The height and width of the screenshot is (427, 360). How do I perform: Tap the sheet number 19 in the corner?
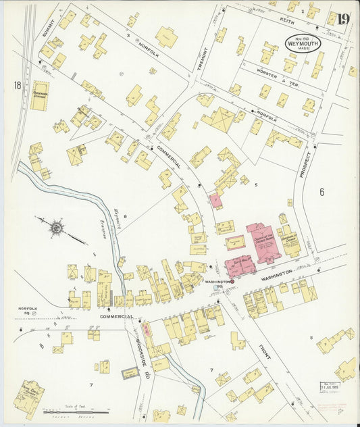[x=343, y=19]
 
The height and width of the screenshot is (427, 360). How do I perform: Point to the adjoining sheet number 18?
[x=16, y=85]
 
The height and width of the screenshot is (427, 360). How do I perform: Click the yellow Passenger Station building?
[x=39, y=96]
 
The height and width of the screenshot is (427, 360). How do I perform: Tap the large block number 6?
[x=322, y=191]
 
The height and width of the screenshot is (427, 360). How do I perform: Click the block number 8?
[x=311, y=336]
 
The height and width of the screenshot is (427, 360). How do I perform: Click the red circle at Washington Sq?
[x=232, y=281]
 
